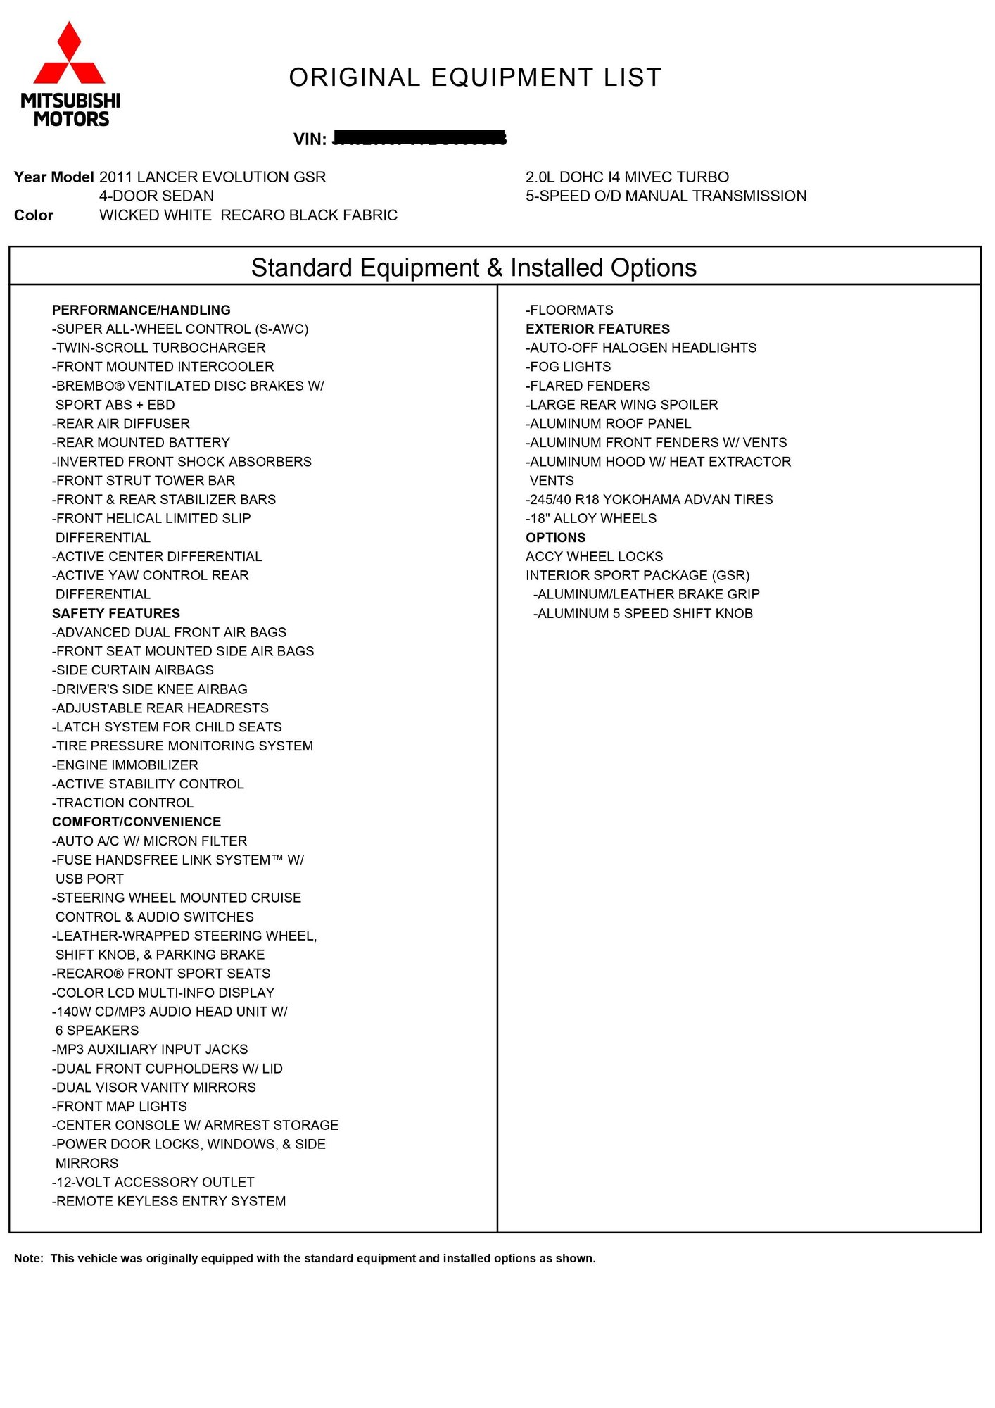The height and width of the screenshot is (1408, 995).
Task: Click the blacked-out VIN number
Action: pyautogui.click(x=419, y=138)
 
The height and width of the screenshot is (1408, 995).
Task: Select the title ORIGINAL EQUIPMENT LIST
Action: pyautogui.click(x=475, y=77)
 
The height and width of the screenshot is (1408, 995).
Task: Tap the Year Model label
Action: pyautogui.click(x=53, y=177)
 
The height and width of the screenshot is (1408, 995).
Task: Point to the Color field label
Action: pyautogui.click(x=34, y=215)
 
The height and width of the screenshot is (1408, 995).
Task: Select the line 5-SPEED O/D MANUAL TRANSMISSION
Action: pyautogui.click(x=666, y=196)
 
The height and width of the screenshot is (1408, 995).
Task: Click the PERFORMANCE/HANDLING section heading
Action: pyautogui.click(x=141, y=310)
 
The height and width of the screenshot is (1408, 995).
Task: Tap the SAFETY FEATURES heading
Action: pyautogui.click(x=115, y=614)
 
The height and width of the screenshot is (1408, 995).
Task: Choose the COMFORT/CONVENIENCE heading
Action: pyautogui.click(x=136, y=822)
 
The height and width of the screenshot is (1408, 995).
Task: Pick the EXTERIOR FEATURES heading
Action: pyautogui.click(x=597, y=329)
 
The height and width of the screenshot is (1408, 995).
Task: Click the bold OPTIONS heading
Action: pyautogui.click(x=555, y=538)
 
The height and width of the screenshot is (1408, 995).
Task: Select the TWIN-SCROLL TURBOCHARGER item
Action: pyautogui.click(x=159, y=348)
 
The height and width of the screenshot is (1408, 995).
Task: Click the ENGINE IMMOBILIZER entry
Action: pyautogui.click(x=125, y=765)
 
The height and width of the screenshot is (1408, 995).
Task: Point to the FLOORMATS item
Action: pyautogui.click(x=569, y=310)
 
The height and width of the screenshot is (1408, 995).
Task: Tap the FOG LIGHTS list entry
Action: pyautogui.click(x=568, y=367)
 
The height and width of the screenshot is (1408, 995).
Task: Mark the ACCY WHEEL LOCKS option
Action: pyautogui.click(x=594, y=557)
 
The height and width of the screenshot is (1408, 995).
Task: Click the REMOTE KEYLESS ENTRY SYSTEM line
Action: pyautogui.click(x=169, y=1202)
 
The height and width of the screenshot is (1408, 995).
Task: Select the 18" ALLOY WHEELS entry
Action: pyautogui.click(x=591, y=519)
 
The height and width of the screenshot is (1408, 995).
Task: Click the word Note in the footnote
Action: pyautogui.click(x=28, y=1259)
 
